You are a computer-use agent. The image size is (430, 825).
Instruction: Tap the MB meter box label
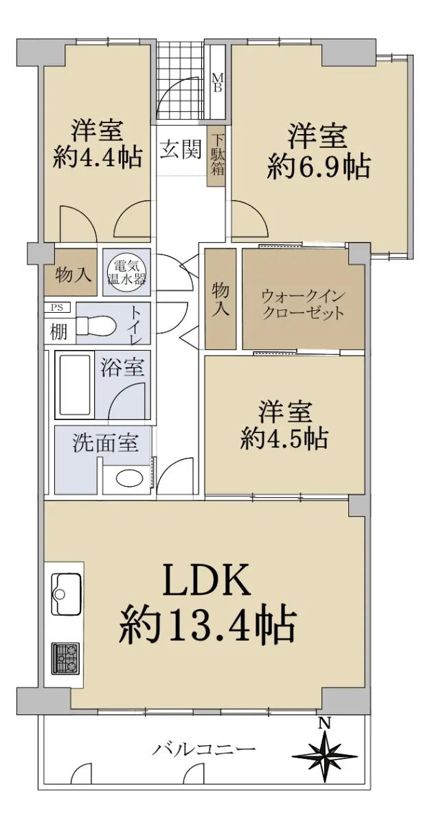218,83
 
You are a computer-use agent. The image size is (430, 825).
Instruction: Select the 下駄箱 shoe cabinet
216,156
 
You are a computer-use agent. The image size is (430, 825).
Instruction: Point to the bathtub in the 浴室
73,384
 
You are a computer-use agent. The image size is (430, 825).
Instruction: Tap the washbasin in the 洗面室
129,478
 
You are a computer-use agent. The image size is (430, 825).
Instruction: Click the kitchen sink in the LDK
66,594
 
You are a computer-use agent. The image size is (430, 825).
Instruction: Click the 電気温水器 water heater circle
126,273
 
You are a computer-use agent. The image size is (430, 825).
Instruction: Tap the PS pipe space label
57,307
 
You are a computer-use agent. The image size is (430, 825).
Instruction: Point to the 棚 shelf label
58,332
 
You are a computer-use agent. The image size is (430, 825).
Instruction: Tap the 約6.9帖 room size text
319,168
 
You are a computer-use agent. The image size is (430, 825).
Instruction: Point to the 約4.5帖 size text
284,439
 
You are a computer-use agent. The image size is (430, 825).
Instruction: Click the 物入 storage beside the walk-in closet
220,298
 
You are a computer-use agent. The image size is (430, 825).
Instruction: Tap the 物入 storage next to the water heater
71,272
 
